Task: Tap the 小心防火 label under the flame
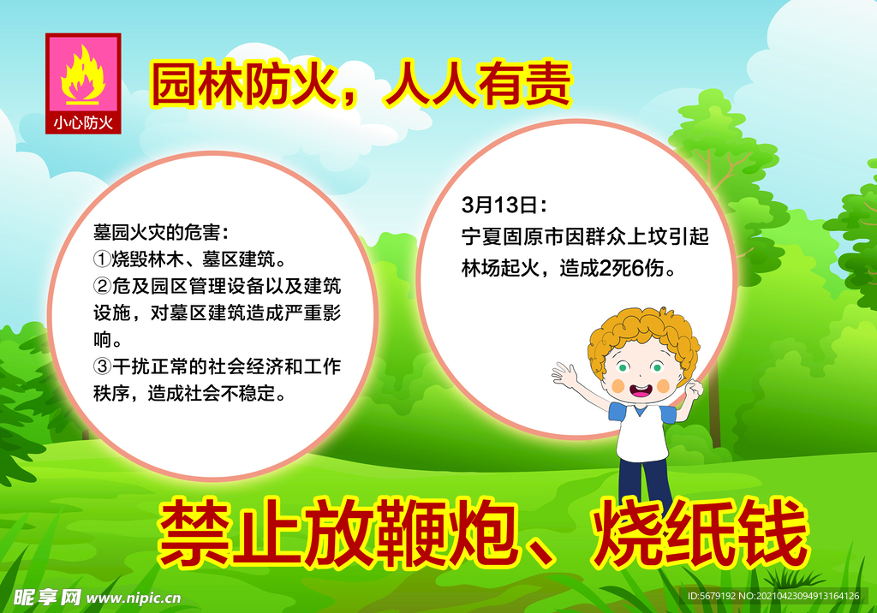83,122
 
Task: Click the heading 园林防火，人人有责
361,85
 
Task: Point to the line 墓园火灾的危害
160,232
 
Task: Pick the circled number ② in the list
102,286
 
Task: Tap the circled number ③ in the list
102,367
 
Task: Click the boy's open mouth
640,391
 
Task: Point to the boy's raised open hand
564,374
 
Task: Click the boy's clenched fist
694,389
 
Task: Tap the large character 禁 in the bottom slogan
190,534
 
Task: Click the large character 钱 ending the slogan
776,534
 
